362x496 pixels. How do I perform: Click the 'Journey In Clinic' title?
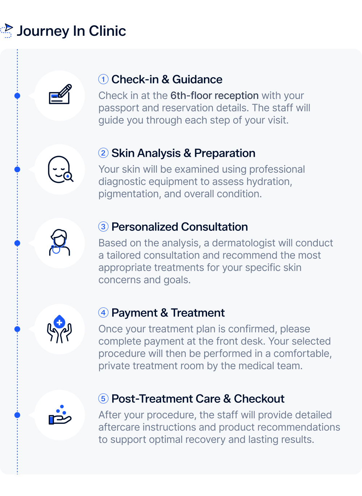(x=71, y=31)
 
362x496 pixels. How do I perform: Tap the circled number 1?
(x=103, y=79)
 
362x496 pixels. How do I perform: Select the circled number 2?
(x=103, y=153)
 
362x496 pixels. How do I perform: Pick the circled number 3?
(x=103, y=227)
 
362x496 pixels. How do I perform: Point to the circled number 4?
(x=103, y=312)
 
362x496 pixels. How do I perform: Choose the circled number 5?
(x=103, y=398)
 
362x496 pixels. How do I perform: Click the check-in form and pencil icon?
(x=60, y=95)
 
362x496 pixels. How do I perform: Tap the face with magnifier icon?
(x=60, y=169)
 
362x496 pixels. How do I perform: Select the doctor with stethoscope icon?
(x=60, y=243)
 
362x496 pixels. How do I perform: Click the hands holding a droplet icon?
(x=60, y=329)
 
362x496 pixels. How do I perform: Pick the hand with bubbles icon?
(x=60, y=415)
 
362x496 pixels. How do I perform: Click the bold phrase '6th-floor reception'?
(x=214, y=95)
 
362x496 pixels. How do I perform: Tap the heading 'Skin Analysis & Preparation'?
(x=183, y=153)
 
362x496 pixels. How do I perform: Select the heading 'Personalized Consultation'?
(x=180, y=227)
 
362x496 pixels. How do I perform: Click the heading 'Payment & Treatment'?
(x=168, y=313)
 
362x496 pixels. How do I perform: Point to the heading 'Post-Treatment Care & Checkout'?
(x=198, y=399)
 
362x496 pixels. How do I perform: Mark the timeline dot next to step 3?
(x=17, y=243)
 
